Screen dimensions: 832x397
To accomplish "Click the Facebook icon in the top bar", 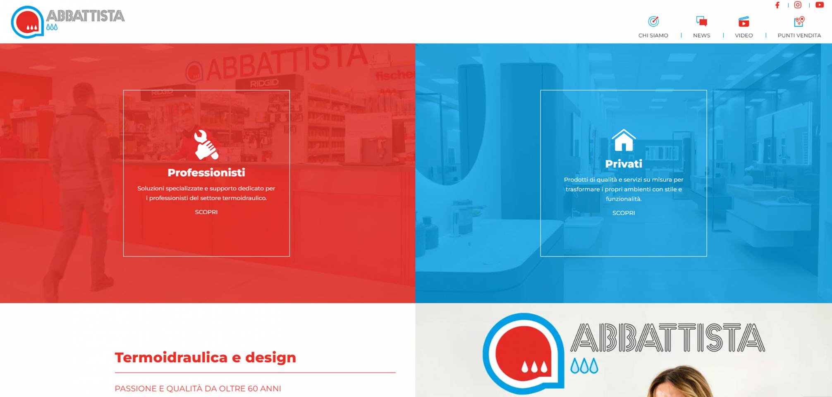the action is [777, 5].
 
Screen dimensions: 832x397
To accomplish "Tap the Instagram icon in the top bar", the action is [798, 5].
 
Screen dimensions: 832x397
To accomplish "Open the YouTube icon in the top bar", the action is [820, 5].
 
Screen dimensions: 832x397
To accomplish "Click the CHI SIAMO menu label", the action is [653, 36].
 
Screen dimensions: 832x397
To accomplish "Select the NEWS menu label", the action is [702, 36].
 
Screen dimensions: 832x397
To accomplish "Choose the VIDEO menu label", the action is [744, 36].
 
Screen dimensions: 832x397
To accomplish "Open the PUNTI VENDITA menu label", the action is [799, 36].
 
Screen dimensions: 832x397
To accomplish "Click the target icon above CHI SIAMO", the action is [653, 21].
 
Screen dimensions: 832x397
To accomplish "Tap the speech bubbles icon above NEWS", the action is [702, 21].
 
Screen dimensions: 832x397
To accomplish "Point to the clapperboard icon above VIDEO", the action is [744, 21].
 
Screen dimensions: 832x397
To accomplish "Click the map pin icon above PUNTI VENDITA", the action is [799, 21].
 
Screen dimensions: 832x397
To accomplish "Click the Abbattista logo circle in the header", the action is [27, 22].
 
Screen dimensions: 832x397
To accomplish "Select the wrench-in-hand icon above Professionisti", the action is [206, 145].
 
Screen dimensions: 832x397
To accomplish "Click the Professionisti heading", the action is [206, 172].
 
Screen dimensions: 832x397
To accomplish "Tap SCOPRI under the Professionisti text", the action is [206, 212].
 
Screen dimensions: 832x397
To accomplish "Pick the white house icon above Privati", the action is [624, 140].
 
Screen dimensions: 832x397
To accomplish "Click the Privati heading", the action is [624, 164].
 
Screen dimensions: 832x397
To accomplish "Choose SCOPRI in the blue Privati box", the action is [624, 213].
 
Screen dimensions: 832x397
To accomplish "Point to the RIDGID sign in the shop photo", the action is [264, 83].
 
